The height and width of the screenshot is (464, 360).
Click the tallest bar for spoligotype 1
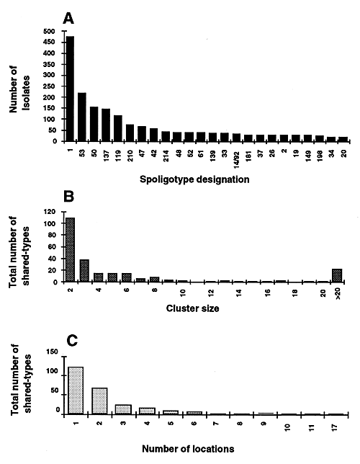click(x=70, y=89)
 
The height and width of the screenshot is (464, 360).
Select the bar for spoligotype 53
click(x=82, y=117)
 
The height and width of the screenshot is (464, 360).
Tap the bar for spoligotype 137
click(x=106, y=125)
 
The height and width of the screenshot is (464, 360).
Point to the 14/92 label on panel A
click(x=236, y=159)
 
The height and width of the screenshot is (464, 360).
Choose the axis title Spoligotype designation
click(x=194, y=179)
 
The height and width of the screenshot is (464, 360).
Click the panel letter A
click(x=68, y=19)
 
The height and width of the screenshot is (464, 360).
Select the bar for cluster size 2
click(x=70, y=250)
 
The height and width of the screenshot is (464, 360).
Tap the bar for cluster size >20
click(x=337, y=275)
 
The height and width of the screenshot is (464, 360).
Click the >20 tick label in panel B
click(x=338, y=295)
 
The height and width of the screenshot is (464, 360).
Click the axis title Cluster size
click(x=192, y=308)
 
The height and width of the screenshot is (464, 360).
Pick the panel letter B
click(x=68, y=197)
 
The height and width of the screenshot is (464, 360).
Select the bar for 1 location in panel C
click(x=76, y=390)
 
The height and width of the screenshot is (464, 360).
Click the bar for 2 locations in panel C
click(x=99, y=401)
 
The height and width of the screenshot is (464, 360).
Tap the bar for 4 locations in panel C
click(x=147, y=411)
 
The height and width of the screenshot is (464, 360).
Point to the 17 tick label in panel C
click(x=335, y=427)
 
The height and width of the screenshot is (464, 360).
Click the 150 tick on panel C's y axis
click(x=53, y=352)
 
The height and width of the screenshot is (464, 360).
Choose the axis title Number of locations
click(x=188, y=449)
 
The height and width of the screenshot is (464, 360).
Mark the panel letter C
click(x=71, y=341)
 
